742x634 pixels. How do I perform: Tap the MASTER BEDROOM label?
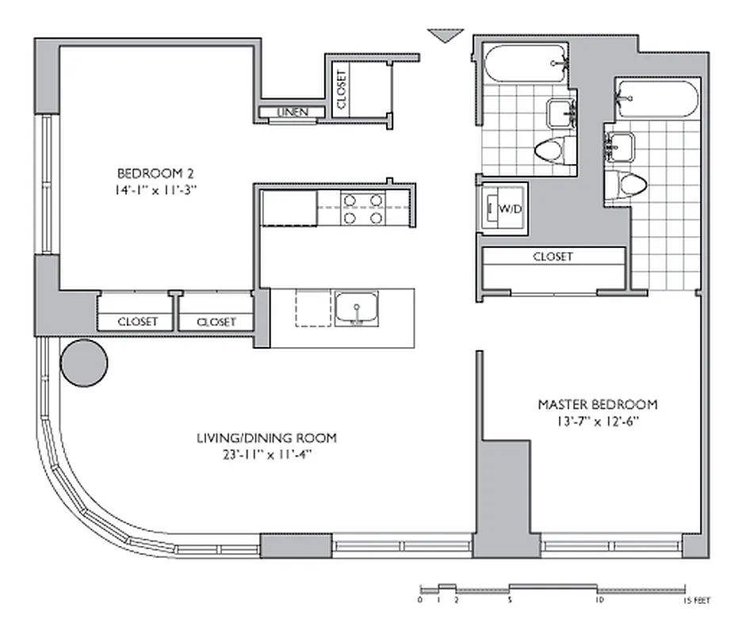click(598, 404)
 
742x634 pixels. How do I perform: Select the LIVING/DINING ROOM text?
click(266, 437)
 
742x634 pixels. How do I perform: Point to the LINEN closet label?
click(292, 112)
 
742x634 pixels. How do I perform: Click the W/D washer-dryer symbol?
click(504, 209)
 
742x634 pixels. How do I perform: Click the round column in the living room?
click(84, 363)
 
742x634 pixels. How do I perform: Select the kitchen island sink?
click(356, 308)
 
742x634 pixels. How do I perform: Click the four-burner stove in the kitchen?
click(363, 208)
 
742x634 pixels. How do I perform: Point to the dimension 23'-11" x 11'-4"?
click(266, 454)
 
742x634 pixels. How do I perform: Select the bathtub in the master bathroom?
click(657, 99)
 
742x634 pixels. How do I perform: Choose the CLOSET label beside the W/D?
click(553, 257)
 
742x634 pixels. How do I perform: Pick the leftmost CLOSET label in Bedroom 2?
click(137, 322)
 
